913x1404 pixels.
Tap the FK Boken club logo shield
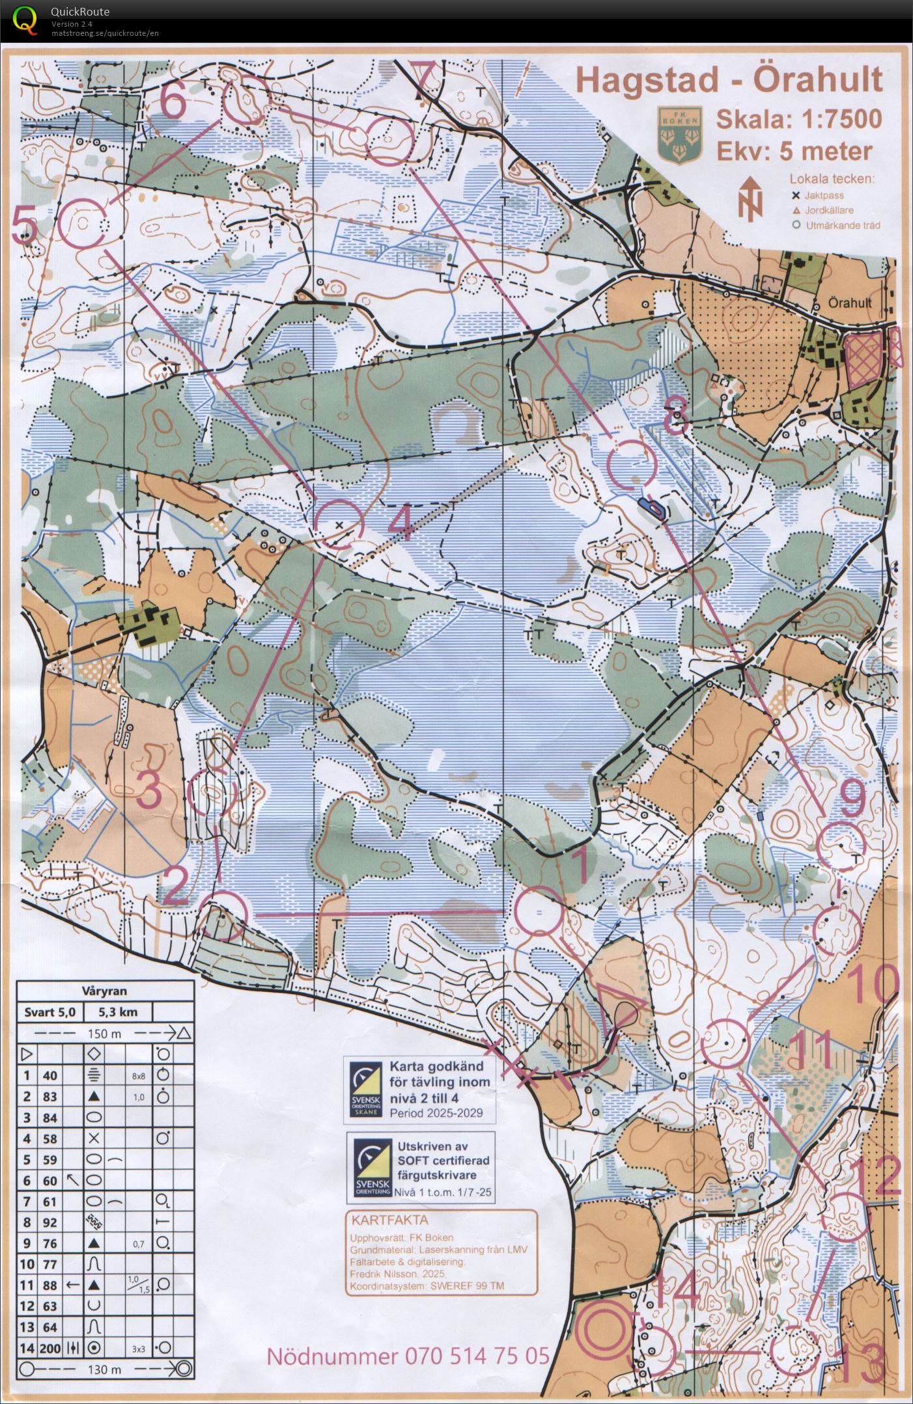[679, 134]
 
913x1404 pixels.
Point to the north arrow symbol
[750, 197]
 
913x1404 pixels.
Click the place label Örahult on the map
[850, 303]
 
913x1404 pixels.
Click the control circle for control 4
[339, 524]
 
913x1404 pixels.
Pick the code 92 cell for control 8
[50, 1222]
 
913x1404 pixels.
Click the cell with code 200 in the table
[50, 1348]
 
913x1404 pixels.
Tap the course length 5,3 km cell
[119, 1012]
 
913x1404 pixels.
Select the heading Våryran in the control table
[105, 991]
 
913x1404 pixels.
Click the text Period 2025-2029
[436, 1112]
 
